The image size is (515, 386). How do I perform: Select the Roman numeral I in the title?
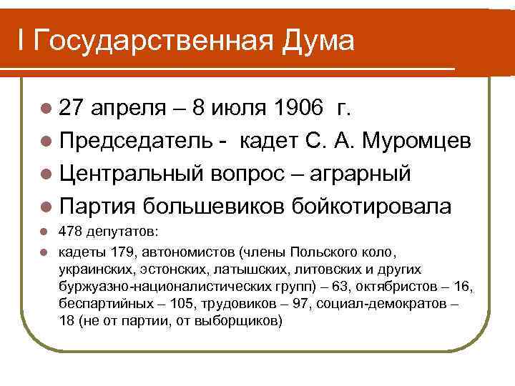pyautogui.click(x=22, y=41)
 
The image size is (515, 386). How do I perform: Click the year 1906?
pyautogui.click(x=293, y=109)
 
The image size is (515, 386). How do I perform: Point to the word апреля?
pyautogui.click(x=128, y=109)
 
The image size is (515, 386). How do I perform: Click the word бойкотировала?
pyautogui.click(x=371, y=206)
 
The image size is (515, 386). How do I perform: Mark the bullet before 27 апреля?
pyautogui.click(x=46, y=109)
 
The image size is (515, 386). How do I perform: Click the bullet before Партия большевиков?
pyautogui.click(x=46, y=207)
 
